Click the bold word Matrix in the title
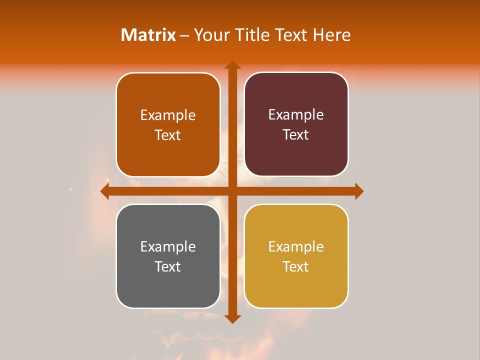tap(148, 35)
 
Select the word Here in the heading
tap(331, 35)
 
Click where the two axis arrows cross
tap(232, 191)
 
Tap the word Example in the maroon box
tap(296, 115)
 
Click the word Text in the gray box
tap(168, 266)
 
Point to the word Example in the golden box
tap(296, 246)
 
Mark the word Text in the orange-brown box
tap(168, 135)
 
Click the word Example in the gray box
tap(168, 246)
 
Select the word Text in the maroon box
tap(296, 135)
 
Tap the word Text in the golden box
tap(296, 266)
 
